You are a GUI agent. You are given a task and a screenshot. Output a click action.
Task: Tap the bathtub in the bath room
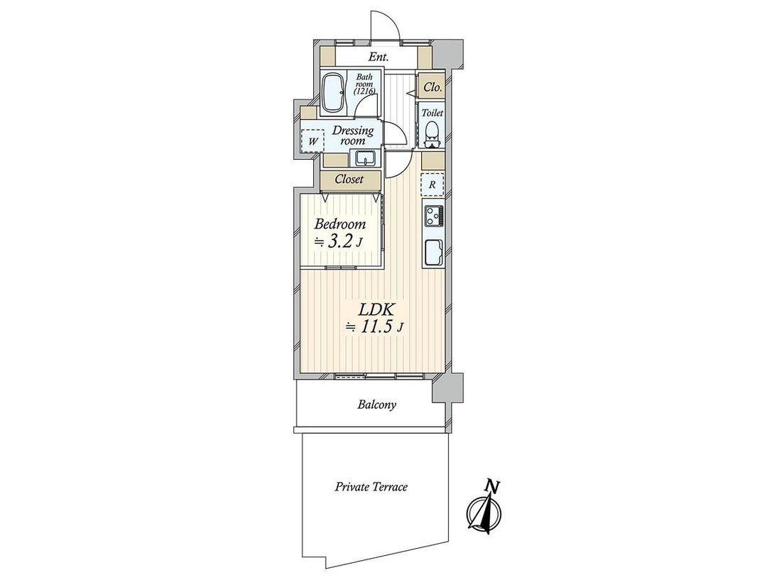(333, 92)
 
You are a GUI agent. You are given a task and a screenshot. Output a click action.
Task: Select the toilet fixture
(432, 132)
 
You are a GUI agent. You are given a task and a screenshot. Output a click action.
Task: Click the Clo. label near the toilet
(432, 87)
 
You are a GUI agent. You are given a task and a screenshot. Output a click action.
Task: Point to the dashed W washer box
(311, 141)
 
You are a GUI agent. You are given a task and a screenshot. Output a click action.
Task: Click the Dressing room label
(354, 135)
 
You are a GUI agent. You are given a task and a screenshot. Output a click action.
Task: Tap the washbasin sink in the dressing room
(366, 158)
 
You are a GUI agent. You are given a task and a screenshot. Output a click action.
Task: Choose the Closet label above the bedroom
(349, 180)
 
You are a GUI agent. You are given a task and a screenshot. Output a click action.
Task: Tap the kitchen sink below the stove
(433, 251)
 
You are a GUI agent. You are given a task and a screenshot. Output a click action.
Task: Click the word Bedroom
(340, 224)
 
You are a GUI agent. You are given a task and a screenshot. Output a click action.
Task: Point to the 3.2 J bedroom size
(339, 241)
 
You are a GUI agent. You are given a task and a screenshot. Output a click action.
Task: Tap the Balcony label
(376, 405)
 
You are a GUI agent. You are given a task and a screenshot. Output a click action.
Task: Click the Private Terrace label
(371, 487)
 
